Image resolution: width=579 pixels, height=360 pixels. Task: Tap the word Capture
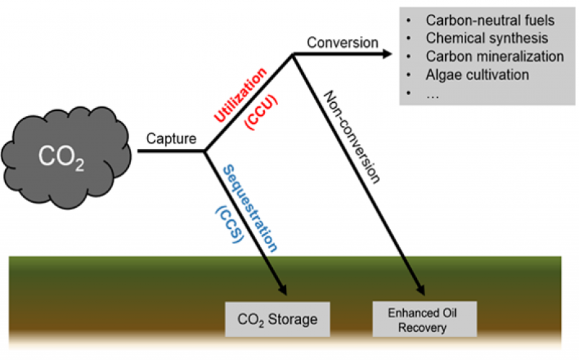[x=172, y=138]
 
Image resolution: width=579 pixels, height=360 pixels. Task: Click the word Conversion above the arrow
[x=342, y=42]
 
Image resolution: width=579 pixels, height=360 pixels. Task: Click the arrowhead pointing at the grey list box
[x=388, y=54]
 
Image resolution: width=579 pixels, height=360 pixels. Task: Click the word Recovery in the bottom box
[x=425, y=327]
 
